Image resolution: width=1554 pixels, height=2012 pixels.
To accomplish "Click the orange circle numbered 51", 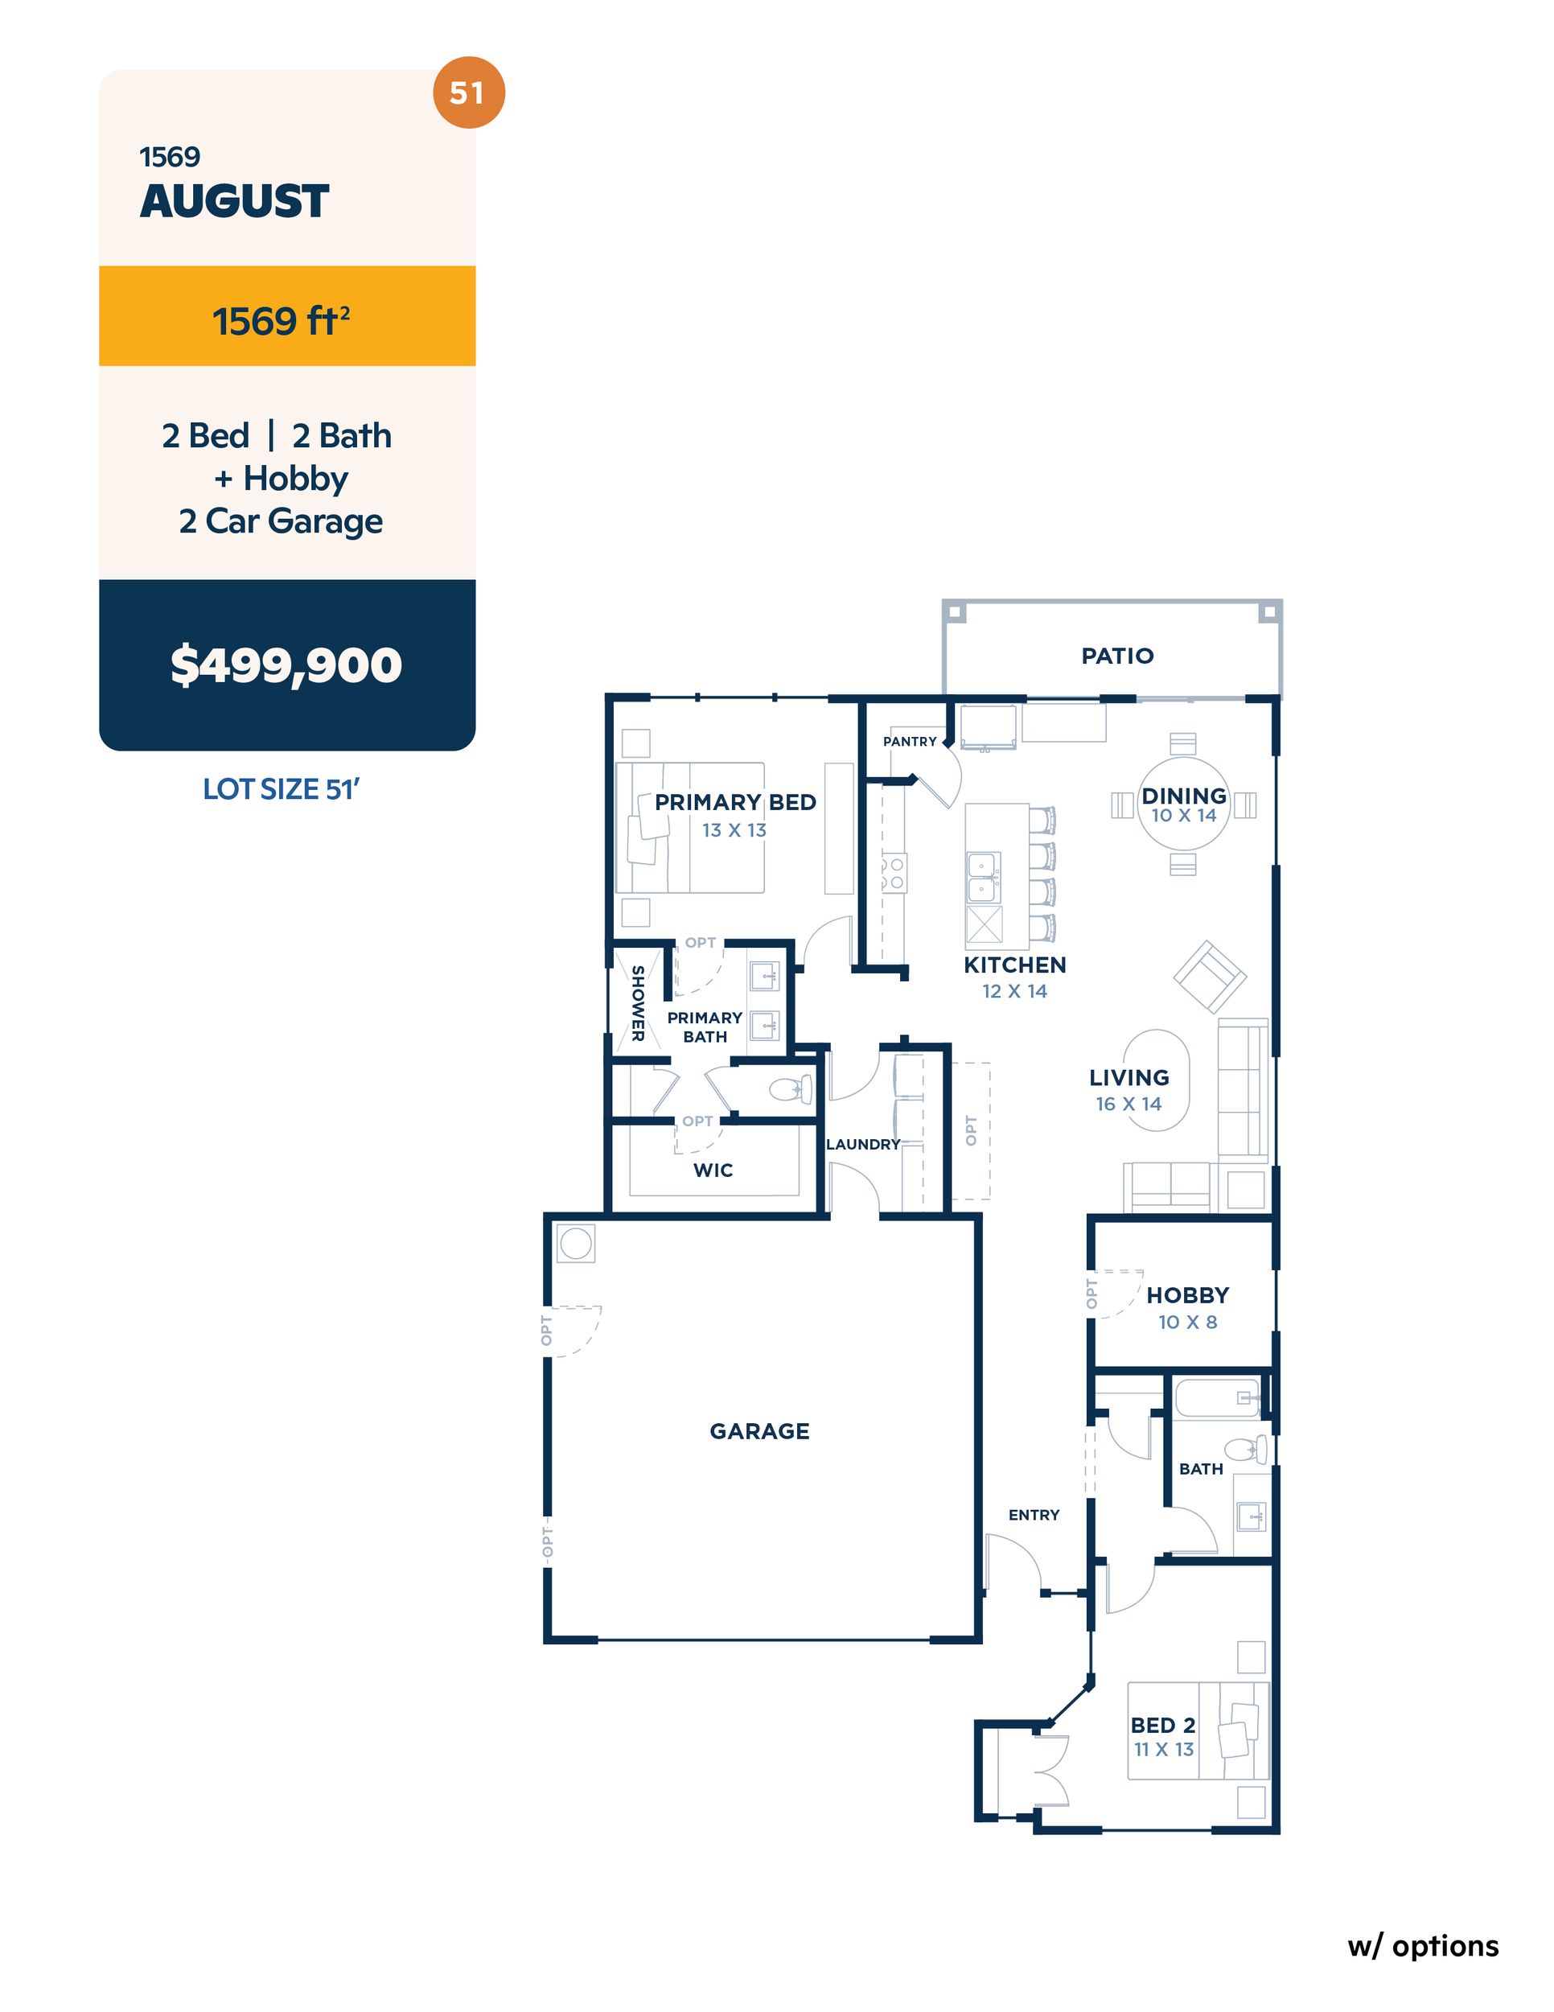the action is (x=468, y=93).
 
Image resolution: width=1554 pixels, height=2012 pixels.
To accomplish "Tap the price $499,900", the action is (x=286, y=665).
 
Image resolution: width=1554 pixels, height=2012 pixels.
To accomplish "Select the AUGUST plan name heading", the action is (x=235, y=201).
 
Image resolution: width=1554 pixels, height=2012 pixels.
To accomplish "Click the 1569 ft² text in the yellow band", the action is (x=281, y=321).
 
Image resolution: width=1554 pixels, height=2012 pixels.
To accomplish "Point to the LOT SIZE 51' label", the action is (x=281, y=788).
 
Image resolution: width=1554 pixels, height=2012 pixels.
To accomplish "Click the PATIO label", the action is (x=1117, y=656).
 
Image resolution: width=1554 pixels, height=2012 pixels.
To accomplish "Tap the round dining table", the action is (x=1184, y=804).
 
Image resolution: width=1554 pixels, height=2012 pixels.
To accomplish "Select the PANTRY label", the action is (x=909, y=741).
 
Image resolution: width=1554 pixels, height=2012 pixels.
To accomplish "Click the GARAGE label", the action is (x=759, y=1430).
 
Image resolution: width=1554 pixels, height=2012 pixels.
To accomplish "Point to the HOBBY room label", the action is (x=1187, y=1295).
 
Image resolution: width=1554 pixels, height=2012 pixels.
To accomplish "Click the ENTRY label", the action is (x=1034, y=1515).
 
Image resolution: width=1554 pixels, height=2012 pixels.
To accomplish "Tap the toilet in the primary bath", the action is (x=791, y=1090).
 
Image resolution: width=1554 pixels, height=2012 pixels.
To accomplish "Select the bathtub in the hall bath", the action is (x=1217, y=1397).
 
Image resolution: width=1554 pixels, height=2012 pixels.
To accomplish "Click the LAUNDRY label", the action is (x=863, y=1144).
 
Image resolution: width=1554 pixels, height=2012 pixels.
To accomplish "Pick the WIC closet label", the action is (x=713, y=1170).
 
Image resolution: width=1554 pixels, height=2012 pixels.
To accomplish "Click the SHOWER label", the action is (x=636, y=1003).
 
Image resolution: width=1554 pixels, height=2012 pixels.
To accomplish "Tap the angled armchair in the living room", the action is (x=1210, y=976).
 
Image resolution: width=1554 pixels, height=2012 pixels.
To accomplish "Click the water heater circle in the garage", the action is (x=576, y=1244).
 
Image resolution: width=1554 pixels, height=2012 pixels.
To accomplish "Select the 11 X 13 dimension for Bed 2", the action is (x=1163, y=1748).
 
